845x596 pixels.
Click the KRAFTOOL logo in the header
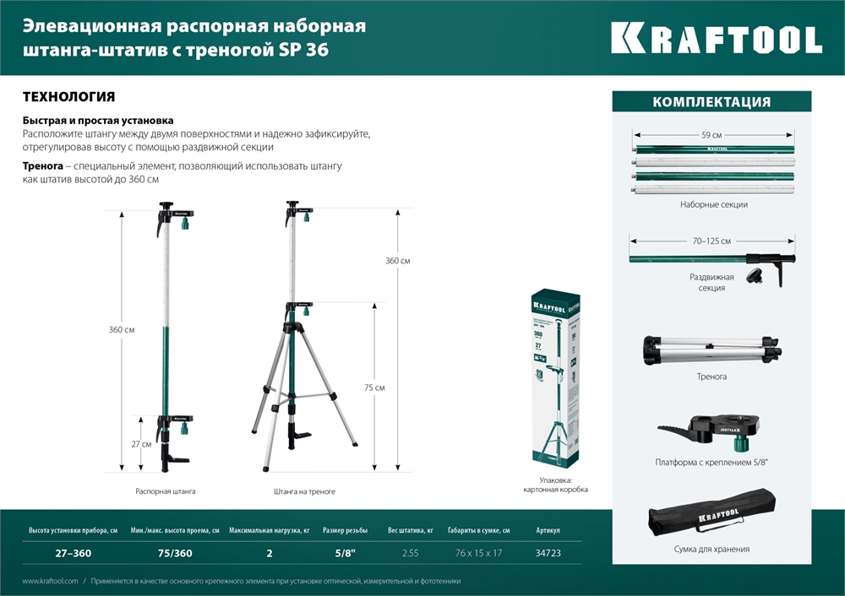[x=716, y=39]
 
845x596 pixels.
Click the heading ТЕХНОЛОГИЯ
[x=68, y=97]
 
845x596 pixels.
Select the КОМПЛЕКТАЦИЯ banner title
[x=711, y=102]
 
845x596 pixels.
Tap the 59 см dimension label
[x=711, y=135]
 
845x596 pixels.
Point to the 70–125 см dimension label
[x=711, y=241]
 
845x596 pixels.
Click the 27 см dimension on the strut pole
[x=141, y=444]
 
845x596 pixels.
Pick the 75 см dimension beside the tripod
[x=374, y=387]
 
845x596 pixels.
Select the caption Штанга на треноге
[x=304, y=490]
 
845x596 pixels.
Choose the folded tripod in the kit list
[x=712, y=349]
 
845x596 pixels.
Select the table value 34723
[x=548, y=554]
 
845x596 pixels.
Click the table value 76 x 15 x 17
[x=478, y=554]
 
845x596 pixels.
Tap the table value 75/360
[x=174, y=554]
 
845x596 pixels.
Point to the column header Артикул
[x=548, y=531]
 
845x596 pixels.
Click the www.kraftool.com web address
[x=50, y=582]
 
